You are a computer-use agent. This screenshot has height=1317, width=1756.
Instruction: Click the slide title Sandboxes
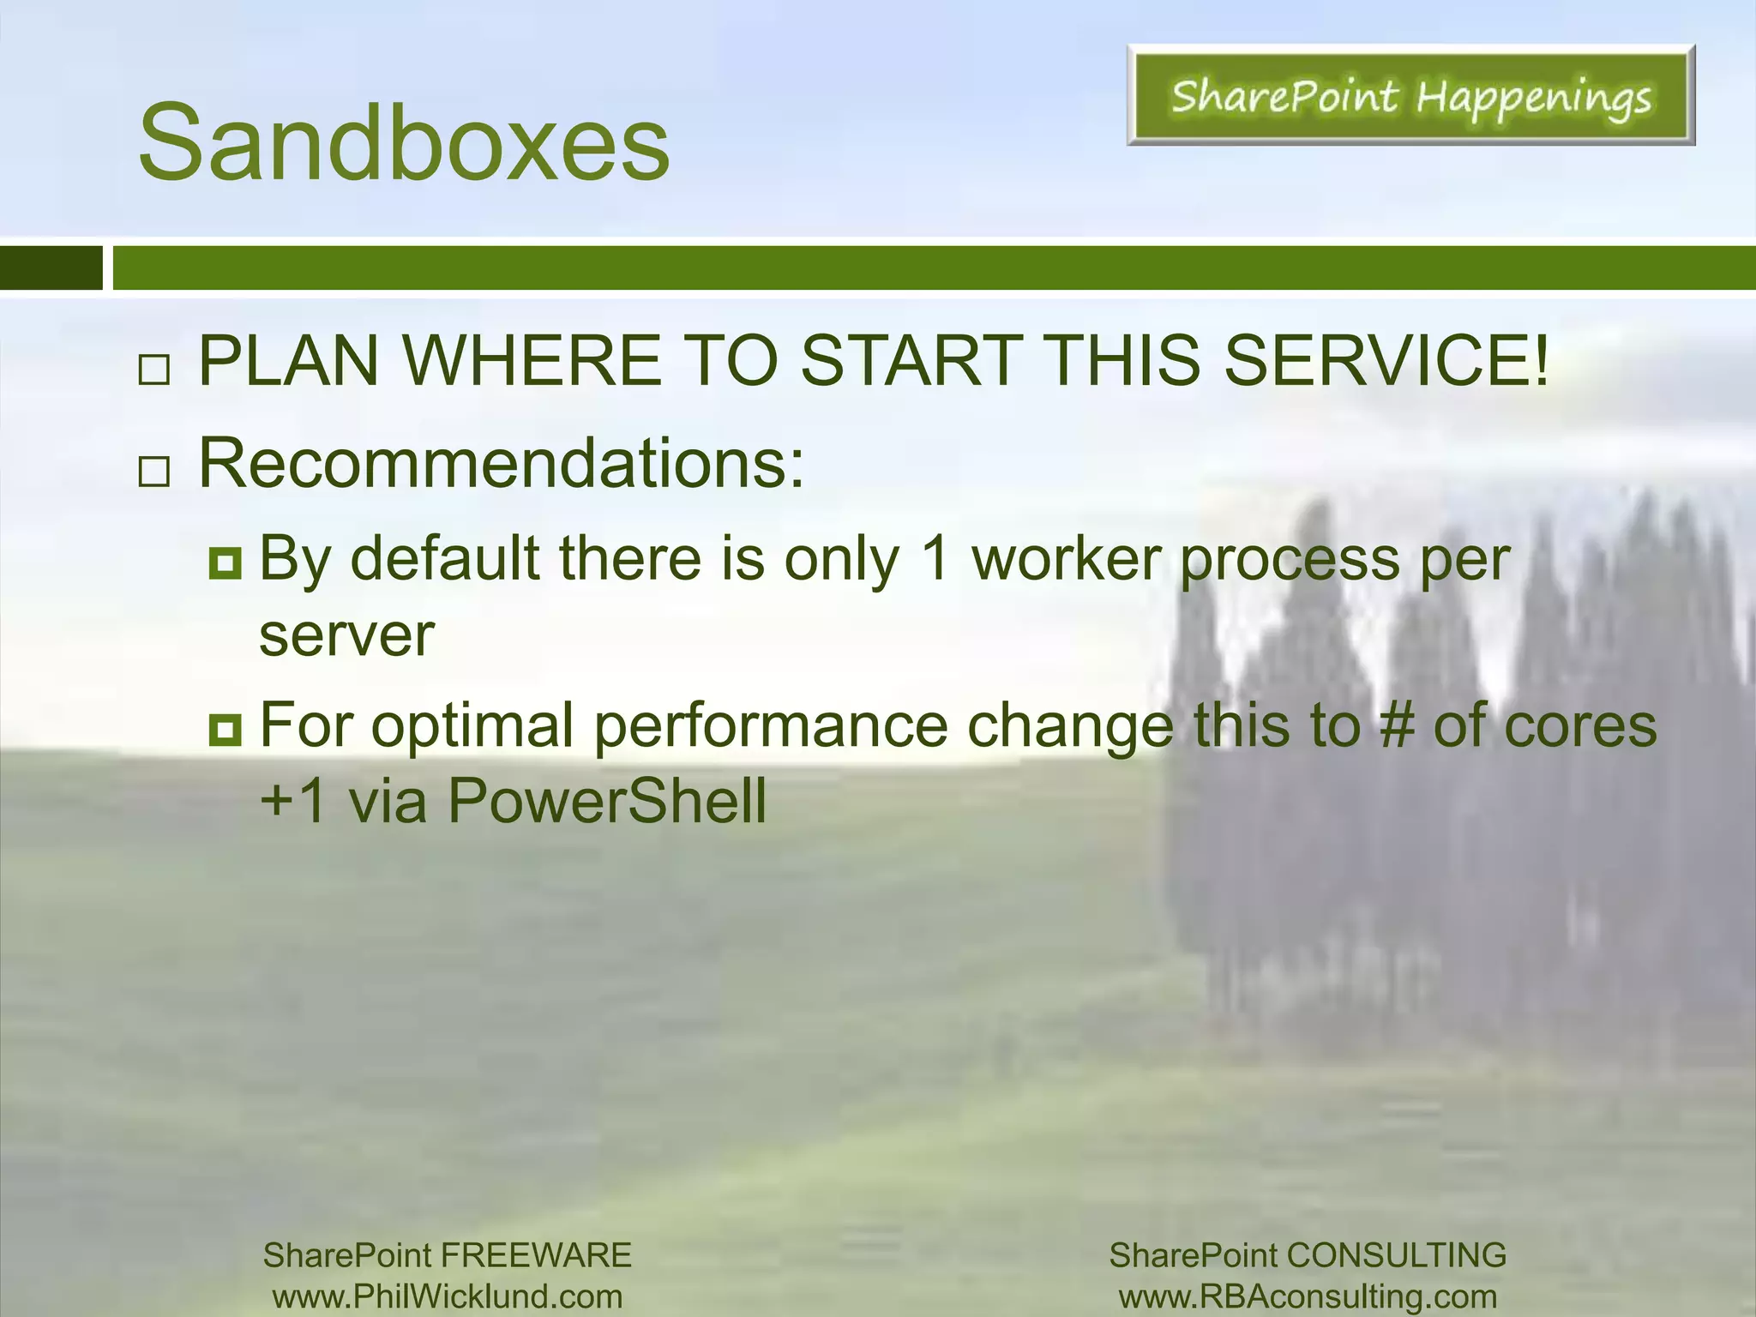[x=403, y=142]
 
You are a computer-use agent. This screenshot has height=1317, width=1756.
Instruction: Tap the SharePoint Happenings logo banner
[x=1410, y=96]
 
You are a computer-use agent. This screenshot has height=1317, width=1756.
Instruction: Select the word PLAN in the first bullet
[x=288, y=360]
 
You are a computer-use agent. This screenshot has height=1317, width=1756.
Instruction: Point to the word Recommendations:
[x=502, y=464]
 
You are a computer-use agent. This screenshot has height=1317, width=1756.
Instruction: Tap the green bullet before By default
[x=226, y=564]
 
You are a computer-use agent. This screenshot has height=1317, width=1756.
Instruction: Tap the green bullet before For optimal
[x=226, y=731]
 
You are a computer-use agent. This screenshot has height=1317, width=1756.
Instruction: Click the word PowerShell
[x=606, y=801]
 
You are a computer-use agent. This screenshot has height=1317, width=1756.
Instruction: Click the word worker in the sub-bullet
[x=1066, y=559]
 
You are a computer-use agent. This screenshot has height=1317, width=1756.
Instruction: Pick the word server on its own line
[x=346, y=636]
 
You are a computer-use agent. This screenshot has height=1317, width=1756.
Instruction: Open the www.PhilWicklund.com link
[x=448, y=1296]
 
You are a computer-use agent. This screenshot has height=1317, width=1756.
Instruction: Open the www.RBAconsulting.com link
[x=1308, y=1296]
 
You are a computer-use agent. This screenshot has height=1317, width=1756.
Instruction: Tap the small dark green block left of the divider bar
[x=51, y=268]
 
